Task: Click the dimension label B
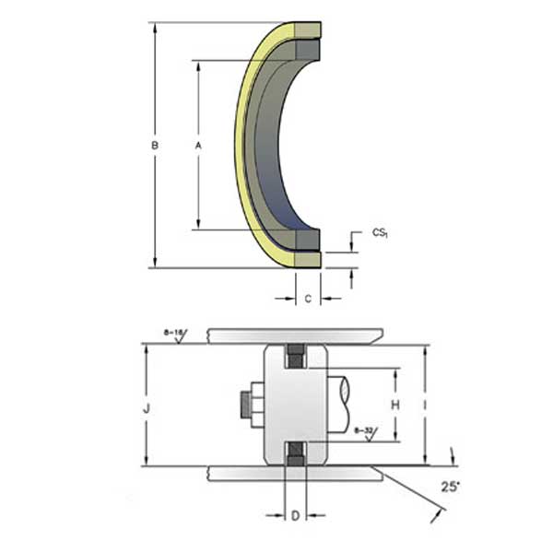(157, 146)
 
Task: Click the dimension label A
(197, 146)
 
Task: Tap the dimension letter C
(308, 298)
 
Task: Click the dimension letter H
(395, 404)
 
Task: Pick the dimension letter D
(295, 516)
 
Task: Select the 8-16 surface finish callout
(172, 331)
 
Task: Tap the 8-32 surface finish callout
(362, 429)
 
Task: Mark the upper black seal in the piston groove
(296, 357)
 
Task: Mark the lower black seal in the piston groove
(296, 452)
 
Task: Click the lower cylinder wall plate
(295, 474)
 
